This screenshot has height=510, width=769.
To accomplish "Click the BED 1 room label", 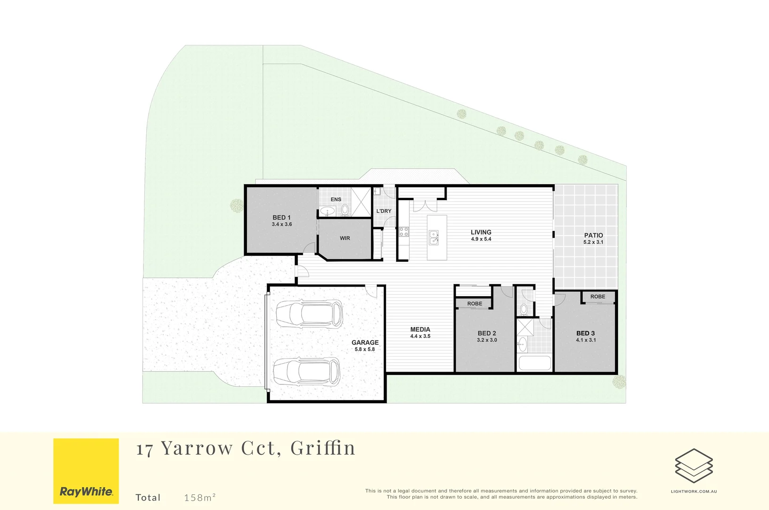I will [x=281, y=218].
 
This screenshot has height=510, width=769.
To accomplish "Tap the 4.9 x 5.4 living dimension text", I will [x=481, y=239].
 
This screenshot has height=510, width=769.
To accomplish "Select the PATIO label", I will [x=593, y=235].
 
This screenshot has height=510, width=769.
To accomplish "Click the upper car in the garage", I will [x=309, y=314].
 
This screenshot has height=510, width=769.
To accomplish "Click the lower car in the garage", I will [x=306, y=371].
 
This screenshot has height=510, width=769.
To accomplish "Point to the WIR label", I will [x=345, y=238].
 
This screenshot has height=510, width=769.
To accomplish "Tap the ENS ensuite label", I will [x=336, y=199].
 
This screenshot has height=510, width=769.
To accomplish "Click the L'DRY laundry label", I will [x=383, y=211].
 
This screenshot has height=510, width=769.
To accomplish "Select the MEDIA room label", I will [x=420, y=330].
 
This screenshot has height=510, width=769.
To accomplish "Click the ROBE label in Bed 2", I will [x=474, y=304].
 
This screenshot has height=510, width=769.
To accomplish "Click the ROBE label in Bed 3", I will [x=597, y=297].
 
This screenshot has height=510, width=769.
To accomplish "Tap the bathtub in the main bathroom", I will [x=534, y=363].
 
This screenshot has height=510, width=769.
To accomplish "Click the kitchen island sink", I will [x=433, y=238].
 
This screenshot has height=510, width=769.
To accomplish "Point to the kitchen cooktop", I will [x=404, y=231].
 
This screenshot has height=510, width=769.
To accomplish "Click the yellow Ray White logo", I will [x=86, y=471].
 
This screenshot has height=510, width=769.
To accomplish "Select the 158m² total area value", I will [x=200, y=497].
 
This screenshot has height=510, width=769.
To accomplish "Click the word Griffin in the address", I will [x=322, y=448].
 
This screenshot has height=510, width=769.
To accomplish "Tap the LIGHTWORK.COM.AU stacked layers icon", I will [x=693, y=466].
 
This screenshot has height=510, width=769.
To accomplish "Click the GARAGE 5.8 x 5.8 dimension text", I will [x=364, y=349].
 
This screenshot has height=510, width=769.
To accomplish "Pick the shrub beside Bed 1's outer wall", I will [x=237, y=205].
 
